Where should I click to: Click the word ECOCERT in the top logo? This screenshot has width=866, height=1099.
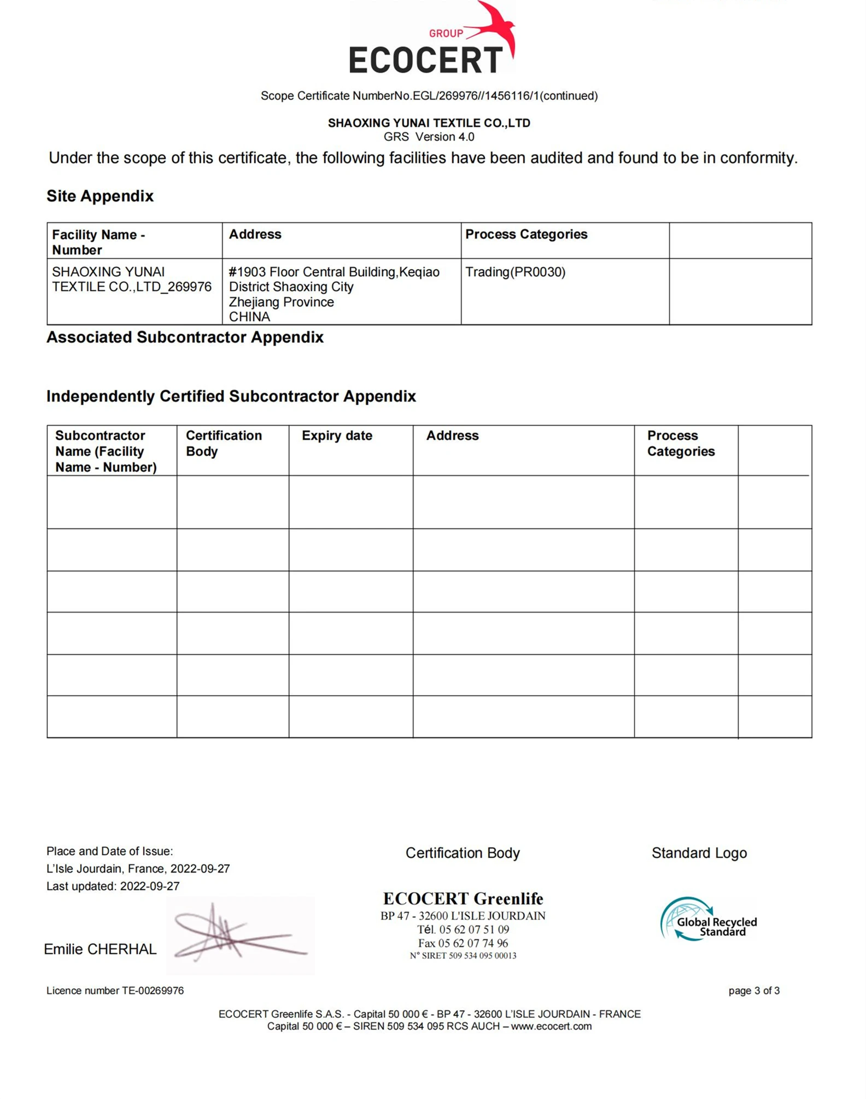[425, 60]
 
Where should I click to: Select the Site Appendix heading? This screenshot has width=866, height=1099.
[100, 196]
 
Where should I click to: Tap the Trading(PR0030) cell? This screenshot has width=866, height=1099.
[515, 272]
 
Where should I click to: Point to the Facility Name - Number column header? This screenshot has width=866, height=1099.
[98, 242]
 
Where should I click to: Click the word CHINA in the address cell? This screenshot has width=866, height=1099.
[249, 317]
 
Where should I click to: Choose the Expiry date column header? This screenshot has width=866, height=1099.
[337, 435]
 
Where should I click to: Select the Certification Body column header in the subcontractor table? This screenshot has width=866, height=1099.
[224, 443]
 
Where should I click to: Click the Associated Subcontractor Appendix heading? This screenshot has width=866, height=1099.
[185, 337]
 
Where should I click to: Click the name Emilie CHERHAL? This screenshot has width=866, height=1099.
[100, 949]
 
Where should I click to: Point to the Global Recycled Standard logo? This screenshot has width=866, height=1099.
[709, 920]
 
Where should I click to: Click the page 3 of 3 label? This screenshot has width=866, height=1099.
[754, 991]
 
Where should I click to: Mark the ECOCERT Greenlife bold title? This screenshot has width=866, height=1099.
[463, 899]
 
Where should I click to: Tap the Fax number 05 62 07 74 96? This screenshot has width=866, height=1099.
[463, 943]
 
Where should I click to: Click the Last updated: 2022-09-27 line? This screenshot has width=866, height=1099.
[113, 886]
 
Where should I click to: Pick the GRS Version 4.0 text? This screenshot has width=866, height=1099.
[429, 137]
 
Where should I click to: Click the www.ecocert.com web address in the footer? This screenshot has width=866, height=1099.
[551, 1026]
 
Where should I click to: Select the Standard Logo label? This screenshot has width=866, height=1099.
[699, 853]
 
